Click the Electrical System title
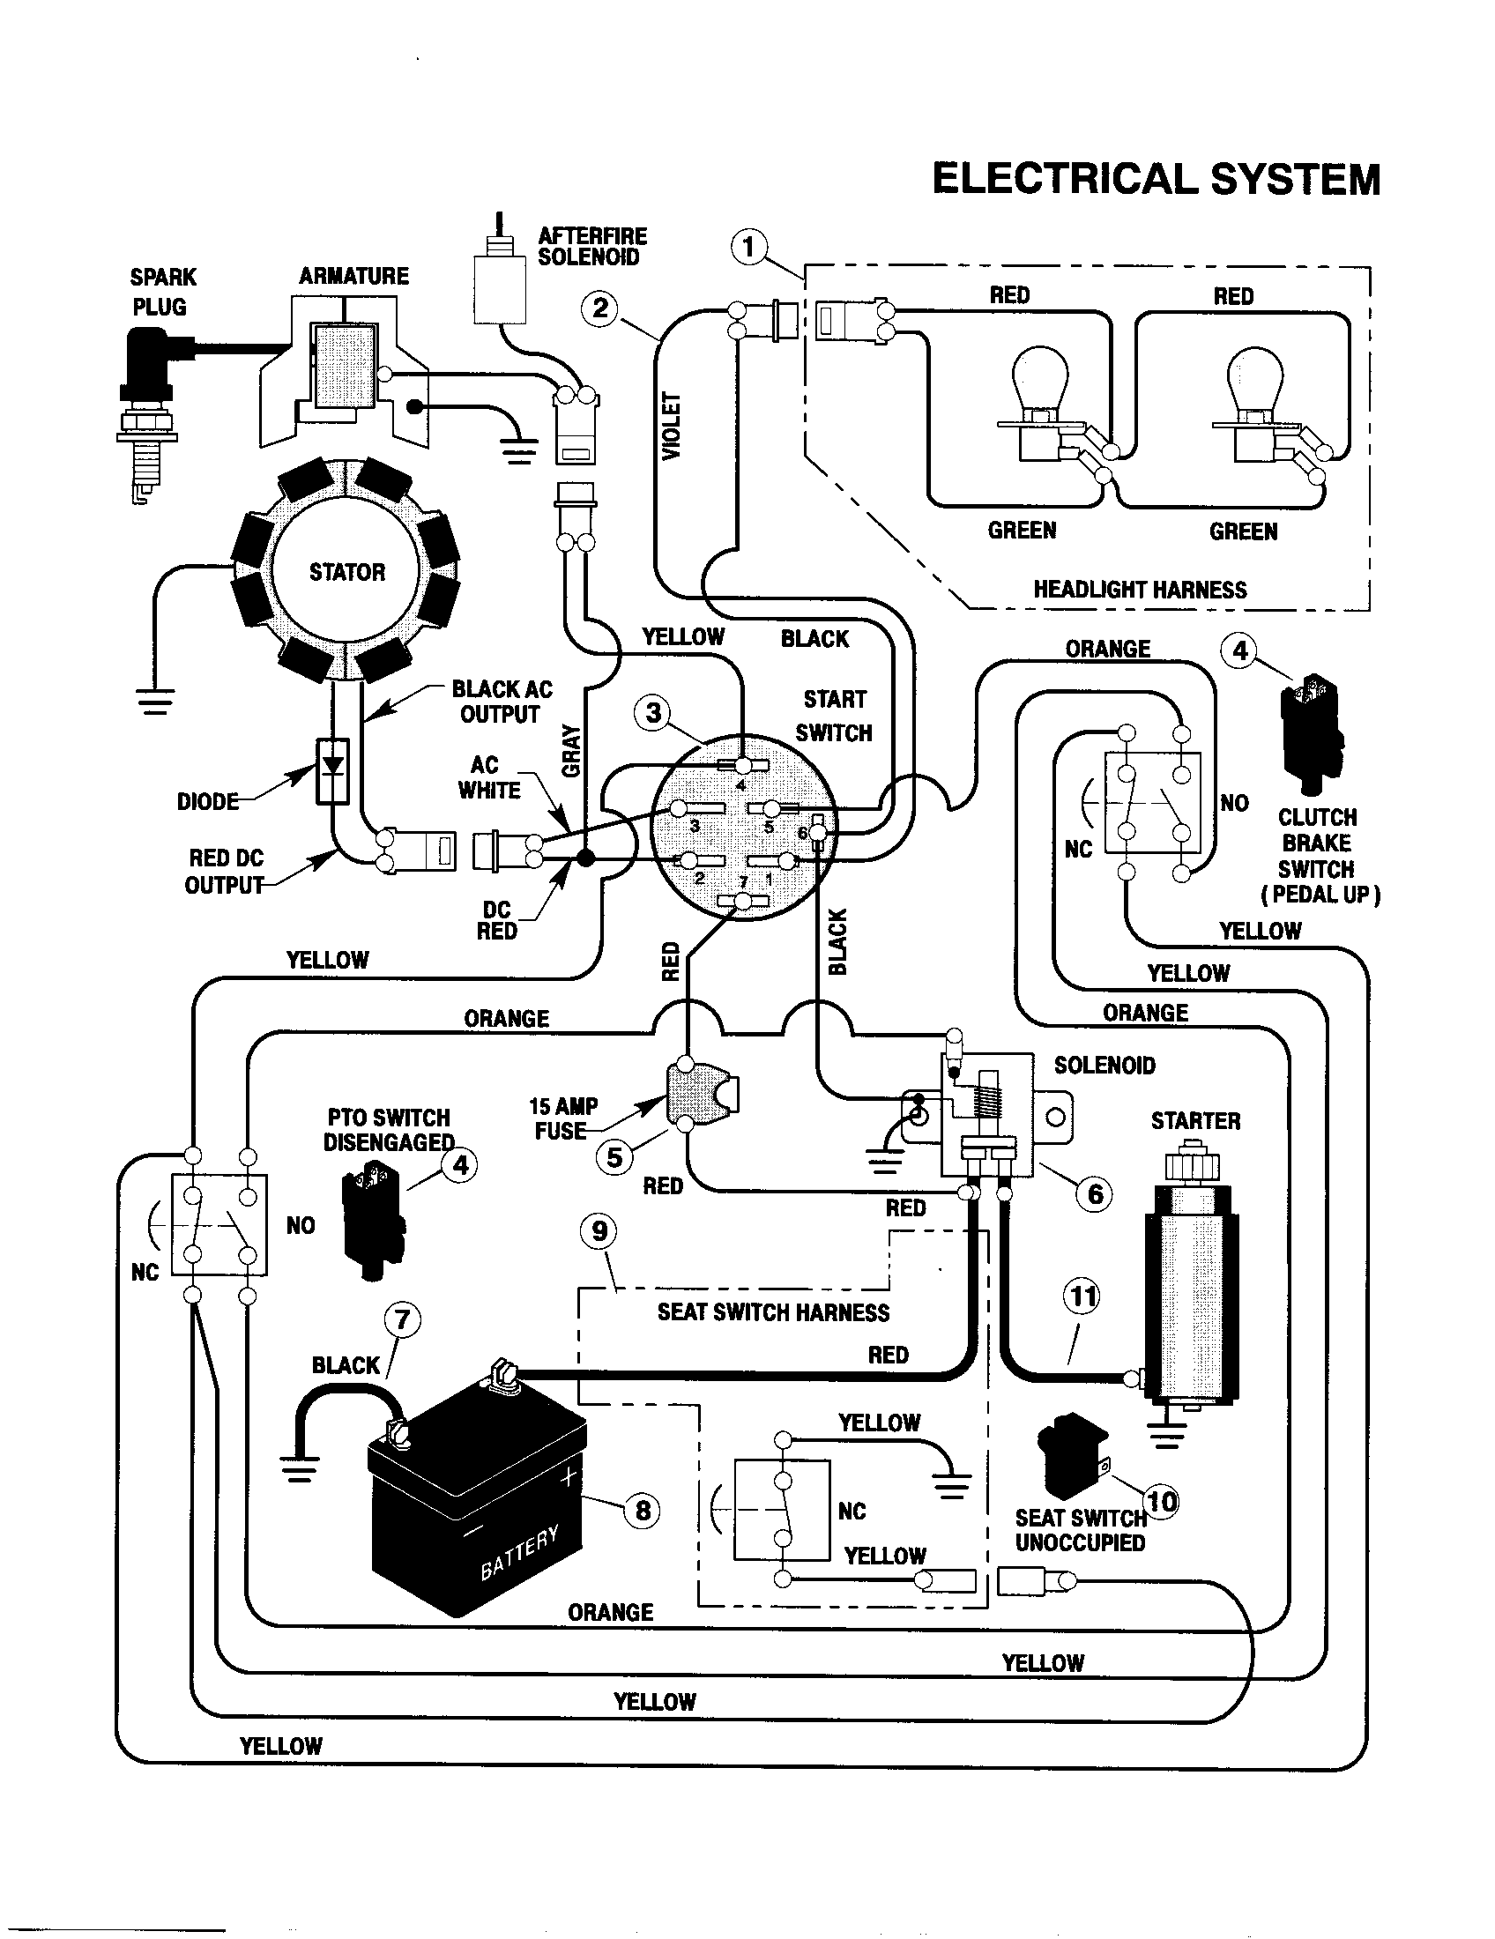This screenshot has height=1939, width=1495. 1155,178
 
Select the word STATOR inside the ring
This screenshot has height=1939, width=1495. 347,572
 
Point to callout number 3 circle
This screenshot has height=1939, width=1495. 653,712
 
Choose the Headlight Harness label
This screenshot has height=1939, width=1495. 1139,590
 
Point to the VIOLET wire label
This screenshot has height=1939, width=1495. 672,427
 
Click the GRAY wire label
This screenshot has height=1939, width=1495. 572,751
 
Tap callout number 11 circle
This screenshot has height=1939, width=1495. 1082,1297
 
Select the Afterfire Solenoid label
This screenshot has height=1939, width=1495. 592,247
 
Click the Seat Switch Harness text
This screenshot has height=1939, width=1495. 772,1313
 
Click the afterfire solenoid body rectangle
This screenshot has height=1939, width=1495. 500,289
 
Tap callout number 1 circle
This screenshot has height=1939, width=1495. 748,246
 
